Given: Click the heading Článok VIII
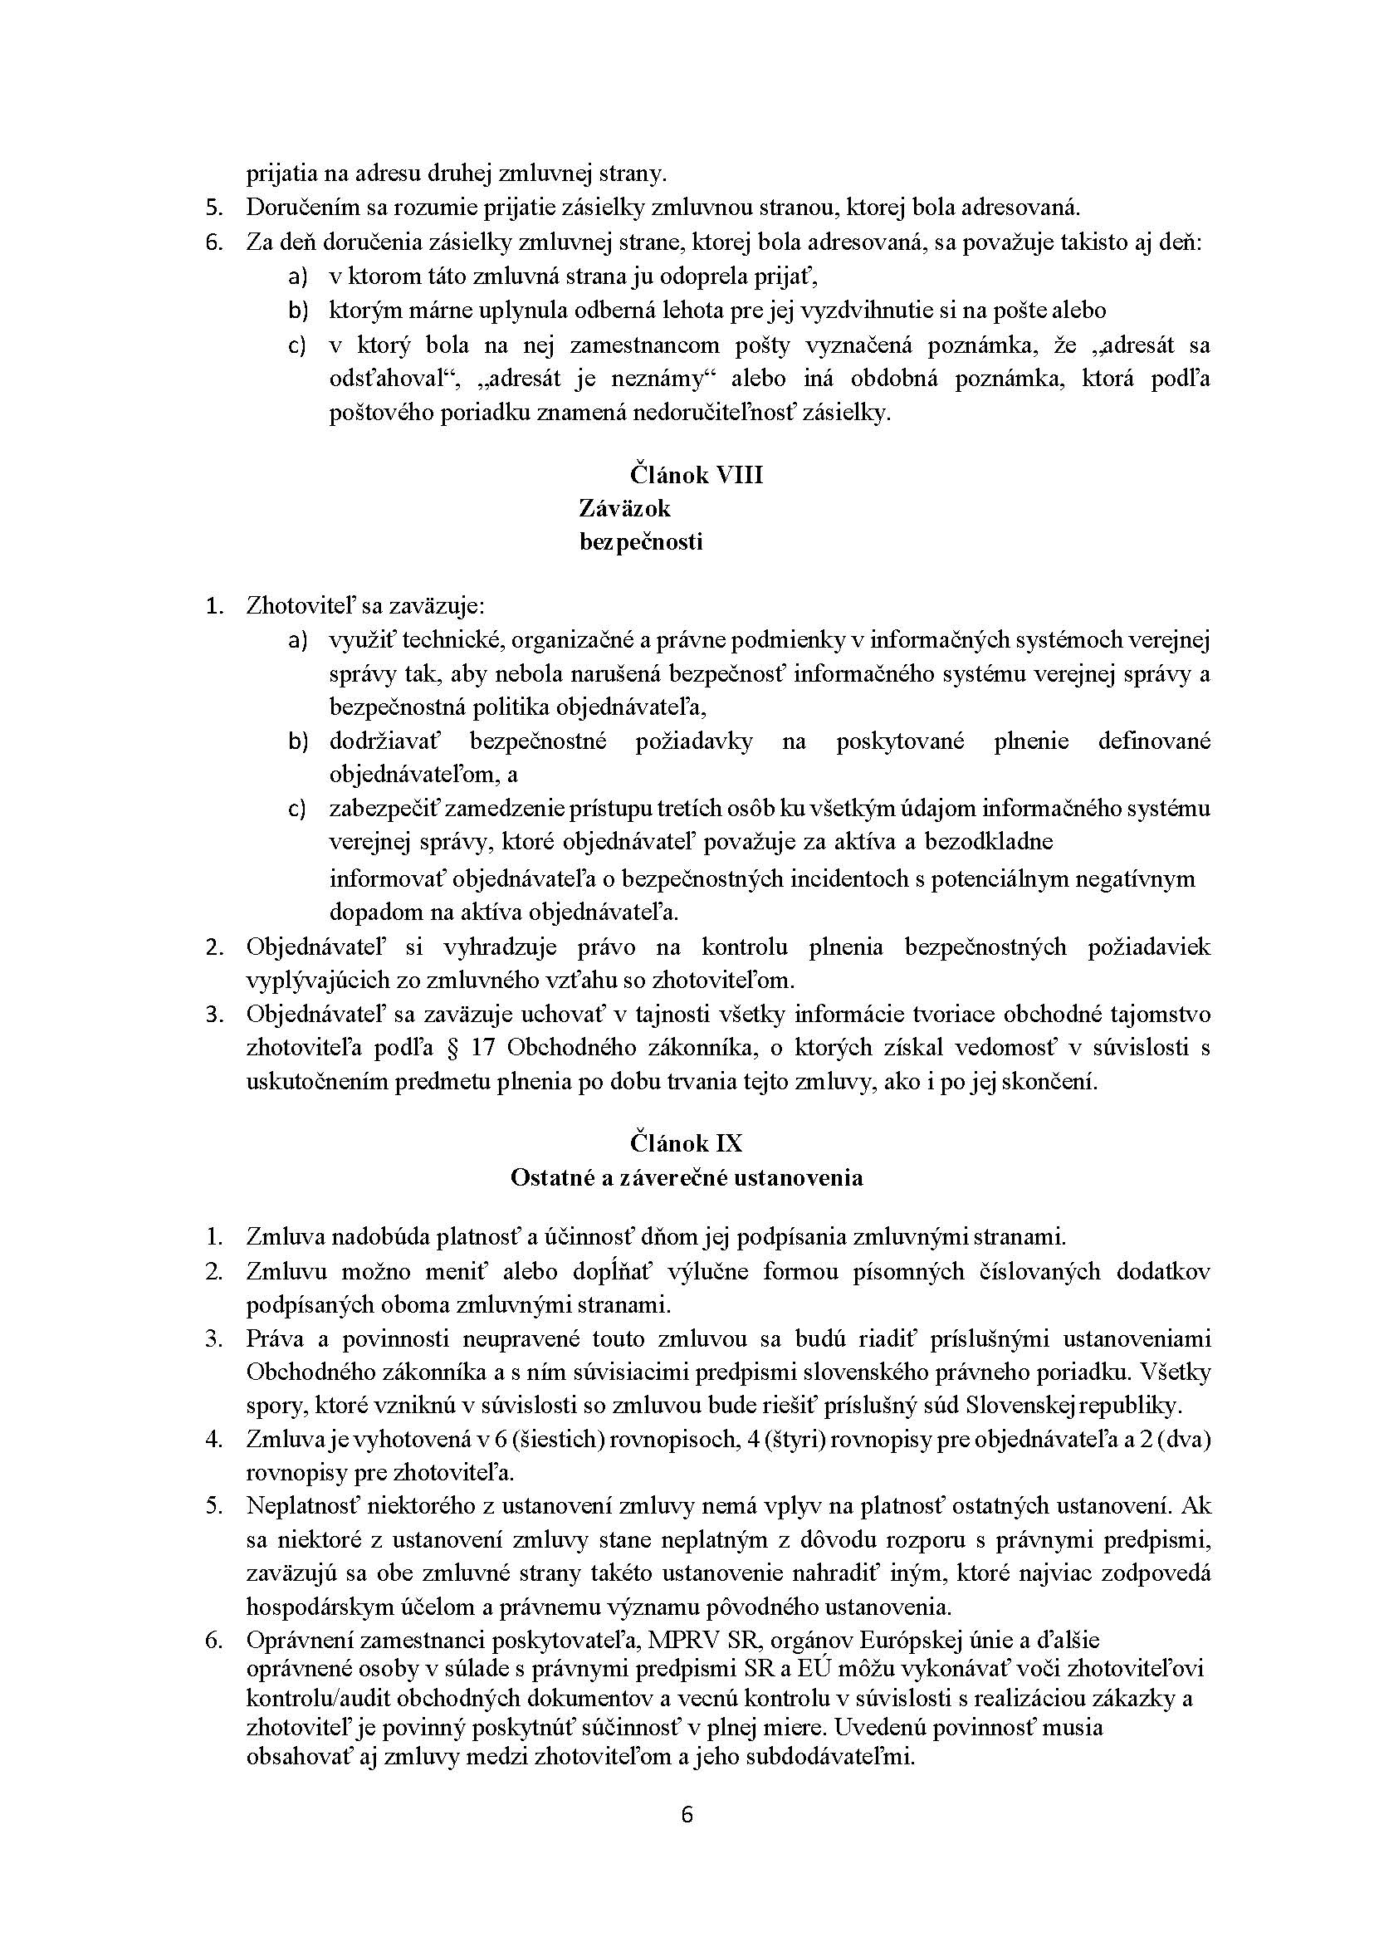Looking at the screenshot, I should pyautogui.click(x=696, y=475).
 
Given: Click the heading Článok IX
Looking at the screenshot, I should pyautogui.click(x=685, y=1143).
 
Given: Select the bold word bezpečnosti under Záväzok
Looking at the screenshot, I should pyautogui.click(x=640, y=541).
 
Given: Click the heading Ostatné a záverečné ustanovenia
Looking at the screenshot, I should pyautogui.click(x=686, y=1177).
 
